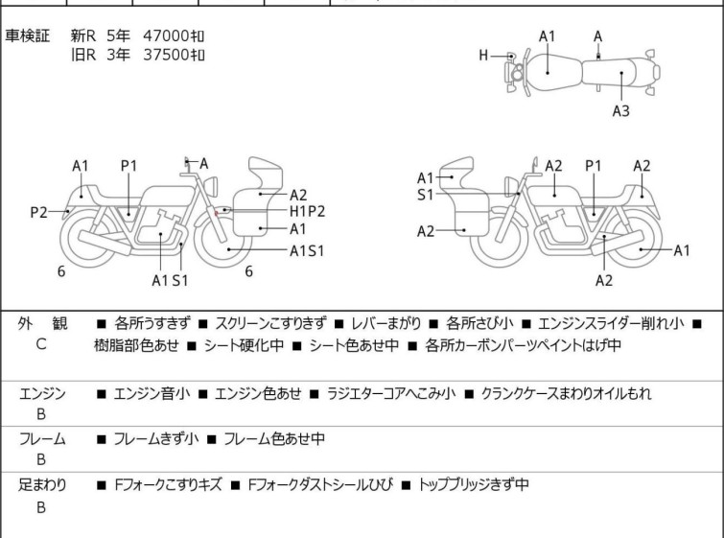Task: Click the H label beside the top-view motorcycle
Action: coord(484,56)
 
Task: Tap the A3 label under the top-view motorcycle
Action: coord(620,111)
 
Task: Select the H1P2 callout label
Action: coord(307,211)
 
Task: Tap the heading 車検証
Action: coord(28,35)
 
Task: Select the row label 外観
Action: coord(41,325)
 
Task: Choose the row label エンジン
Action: coord(41,393)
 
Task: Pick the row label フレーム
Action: coord(41,439)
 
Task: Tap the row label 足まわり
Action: coord(41,485)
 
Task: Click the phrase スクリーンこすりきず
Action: coord(271,325)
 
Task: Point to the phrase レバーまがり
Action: coord(385,325)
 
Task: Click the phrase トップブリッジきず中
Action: coord(474,485)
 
